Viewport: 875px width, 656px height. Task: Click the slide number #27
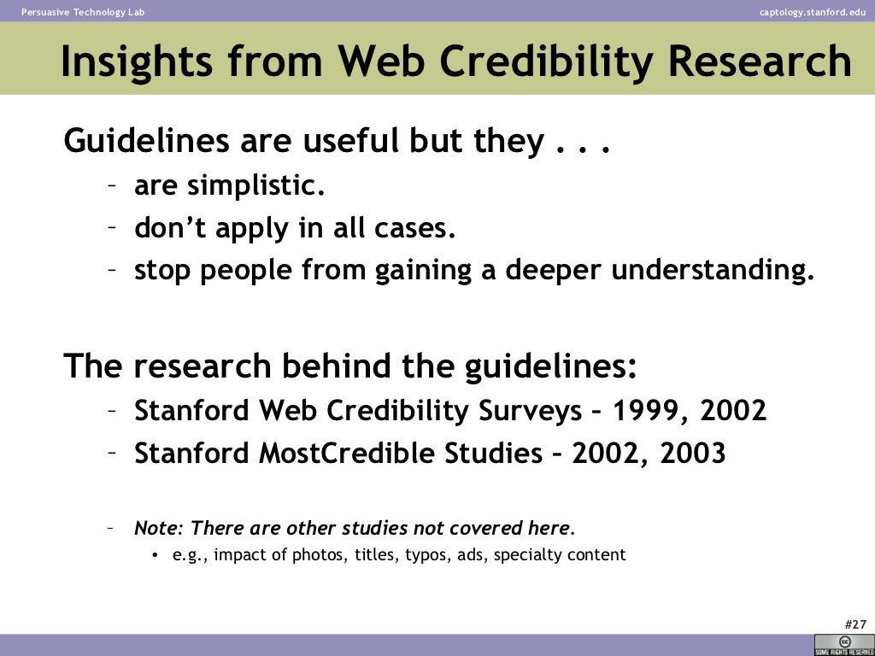tap(854, 624)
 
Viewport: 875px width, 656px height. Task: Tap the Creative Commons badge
tap(844, 645)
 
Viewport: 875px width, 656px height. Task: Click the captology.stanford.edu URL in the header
tap(812, 11)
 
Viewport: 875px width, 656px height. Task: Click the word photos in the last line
tap(317, 555)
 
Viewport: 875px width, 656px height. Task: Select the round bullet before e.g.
tap(156, 556)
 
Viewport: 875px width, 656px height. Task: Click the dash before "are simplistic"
tap(112, 185)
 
